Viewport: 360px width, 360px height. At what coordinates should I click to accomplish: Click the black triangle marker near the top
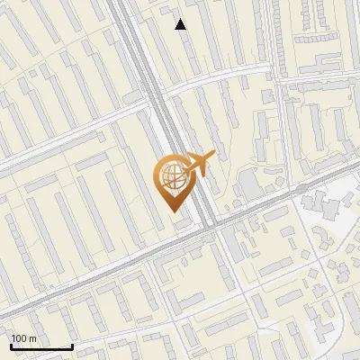tap(181, 24)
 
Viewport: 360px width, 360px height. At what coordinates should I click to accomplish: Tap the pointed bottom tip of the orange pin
tap(171, 206)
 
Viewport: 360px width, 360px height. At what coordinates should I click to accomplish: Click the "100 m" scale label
tap(23, 337)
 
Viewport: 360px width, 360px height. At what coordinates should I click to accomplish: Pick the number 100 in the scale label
tap(19, 337)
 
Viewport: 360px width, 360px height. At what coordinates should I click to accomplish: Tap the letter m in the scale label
tap(32, 337)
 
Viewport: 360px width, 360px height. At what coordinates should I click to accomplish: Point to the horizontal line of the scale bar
tap(40, 346)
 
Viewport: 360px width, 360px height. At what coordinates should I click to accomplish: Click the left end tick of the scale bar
tap(11, 345)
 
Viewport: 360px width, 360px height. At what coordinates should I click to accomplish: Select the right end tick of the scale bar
tap(72, 345)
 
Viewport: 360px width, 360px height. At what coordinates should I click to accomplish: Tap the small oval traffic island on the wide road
tap(214, 232)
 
